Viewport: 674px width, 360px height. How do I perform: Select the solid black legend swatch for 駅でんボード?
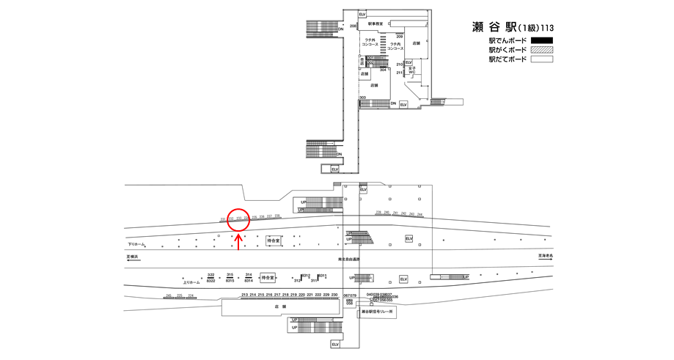click(541, 40)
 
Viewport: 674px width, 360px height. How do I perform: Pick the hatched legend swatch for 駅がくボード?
click(541, 50)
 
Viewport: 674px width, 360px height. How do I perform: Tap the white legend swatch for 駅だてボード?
click(541, 59)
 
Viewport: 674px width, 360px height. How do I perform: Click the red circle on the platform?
click(238, 218)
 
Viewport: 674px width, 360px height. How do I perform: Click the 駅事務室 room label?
click(376, 24)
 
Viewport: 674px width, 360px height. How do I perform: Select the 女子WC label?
click(411, 71)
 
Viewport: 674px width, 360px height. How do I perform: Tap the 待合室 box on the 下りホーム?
click(274, 240)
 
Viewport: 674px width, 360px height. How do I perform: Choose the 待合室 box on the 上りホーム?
click(268, 278)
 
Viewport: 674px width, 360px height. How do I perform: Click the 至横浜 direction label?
click(133, 257)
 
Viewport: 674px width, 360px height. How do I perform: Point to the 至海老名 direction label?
click(545, 257)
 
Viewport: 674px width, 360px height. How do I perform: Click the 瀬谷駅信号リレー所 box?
click(378, 312)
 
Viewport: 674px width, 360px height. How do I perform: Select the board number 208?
click(353, 26)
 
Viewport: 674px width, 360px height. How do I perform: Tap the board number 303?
click(362, 98)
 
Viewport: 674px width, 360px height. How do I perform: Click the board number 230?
click(335, 294)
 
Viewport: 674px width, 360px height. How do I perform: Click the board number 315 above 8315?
click(230, 274)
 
